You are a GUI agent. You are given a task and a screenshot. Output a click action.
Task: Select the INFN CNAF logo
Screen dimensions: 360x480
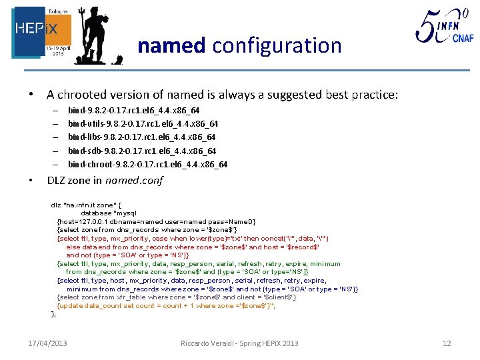(x=444, y=27)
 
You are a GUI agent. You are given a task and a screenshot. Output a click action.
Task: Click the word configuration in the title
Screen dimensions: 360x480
(x=277, y=46)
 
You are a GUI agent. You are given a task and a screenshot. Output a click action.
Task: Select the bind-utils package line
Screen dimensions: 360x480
(x=143, y=124)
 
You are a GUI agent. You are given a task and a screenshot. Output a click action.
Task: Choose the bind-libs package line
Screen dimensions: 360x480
(x=141, y=137)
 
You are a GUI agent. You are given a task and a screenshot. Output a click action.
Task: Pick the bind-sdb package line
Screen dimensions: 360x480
(x=141, y=151)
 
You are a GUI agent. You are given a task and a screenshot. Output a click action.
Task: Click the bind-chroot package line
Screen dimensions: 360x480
(x=147, y=164)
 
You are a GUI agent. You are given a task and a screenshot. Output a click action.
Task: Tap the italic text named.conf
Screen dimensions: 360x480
(x=137, y=181)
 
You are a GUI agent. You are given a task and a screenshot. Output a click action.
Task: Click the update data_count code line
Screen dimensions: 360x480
(x=165, y=305)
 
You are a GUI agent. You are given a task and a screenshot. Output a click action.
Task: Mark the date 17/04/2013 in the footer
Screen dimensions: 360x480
(x=47, y=343)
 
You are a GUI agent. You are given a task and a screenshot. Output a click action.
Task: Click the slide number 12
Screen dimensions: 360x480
(x=447, y=343)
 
